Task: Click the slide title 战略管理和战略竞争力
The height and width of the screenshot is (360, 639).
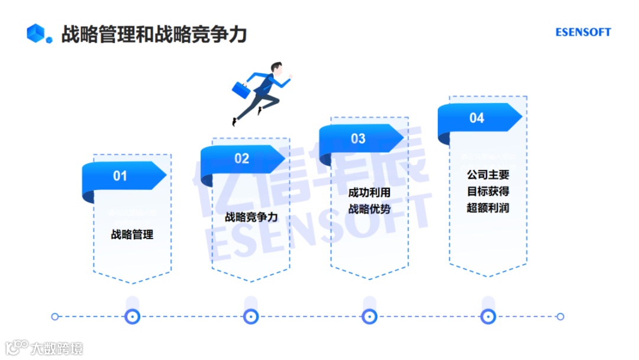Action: point(154,34)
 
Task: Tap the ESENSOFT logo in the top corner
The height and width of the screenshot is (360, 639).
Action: point(583,33)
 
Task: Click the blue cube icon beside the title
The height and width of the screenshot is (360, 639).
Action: point(37,33)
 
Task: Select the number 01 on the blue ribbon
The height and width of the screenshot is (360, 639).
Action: point(120,176)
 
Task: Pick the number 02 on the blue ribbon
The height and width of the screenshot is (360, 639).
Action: point(241,159)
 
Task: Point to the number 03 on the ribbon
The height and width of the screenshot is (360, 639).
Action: point(358,139)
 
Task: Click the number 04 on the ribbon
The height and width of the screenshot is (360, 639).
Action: point(477,118)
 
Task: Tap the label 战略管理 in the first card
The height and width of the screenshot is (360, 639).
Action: point(132,234)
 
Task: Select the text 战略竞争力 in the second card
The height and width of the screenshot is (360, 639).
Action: point(251,217)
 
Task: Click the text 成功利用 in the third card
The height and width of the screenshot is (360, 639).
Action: point(369,192)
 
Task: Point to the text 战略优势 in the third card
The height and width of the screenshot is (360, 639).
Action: point(369,208)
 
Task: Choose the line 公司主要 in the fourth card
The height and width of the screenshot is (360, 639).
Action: point(488,175)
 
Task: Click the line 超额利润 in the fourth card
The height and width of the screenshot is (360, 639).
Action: point(488,208)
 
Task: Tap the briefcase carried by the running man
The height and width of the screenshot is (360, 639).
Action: point(241,89)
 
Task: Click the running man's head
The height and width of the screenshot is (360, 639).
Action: point(277,68)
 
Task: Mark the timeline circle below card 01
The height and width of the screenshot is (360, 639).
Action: point(133,317)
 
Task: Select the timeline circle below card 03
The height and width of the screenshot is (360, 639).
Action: point(370,317)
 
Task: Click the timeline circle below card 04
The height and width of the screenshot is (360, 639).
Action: point(488,317)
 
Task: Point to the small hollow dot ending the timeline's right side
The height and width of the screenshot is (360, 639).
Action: point(560,317)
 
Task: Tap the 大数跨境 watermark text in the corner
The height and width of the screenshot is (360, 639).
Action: point(57,348)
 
